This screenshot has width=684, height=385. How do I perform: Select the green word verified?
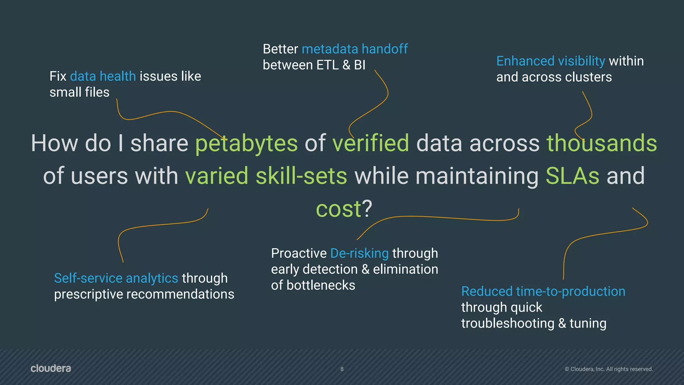[370, 143]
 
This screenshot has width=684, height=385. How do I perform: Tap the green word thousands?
[602, 143]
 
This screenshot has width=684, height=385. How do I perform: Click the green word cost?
[338, 209]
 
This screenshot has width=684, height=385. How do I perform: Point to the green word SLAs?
[572, 176]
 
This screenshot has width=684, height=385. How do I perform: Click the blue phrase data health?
[103, 77]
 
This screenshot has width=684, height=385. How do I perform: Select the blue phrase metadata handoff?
[354, 49]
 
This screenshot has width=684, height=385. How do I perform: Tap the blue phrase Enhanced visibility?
[550, 61]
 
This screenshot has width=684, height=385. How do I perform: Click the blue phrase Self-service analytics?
[116, 278]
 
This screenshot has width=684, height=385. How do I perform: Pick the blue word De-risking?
[359, 253]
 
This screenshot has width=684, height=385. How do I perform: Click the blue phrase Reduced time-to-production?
[543, 291]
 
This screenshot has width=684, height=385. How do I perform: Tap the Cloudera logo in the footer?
[51, 368]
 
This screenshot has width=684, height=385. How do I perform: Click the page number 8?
[342, 369]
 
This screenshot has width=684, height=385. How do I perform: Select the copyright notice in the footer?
[609, 369]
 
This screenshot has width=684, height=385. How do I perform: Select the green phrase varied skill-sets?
[266, 176]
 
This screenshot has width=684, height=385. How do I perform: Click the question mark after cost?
[367, 209]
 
